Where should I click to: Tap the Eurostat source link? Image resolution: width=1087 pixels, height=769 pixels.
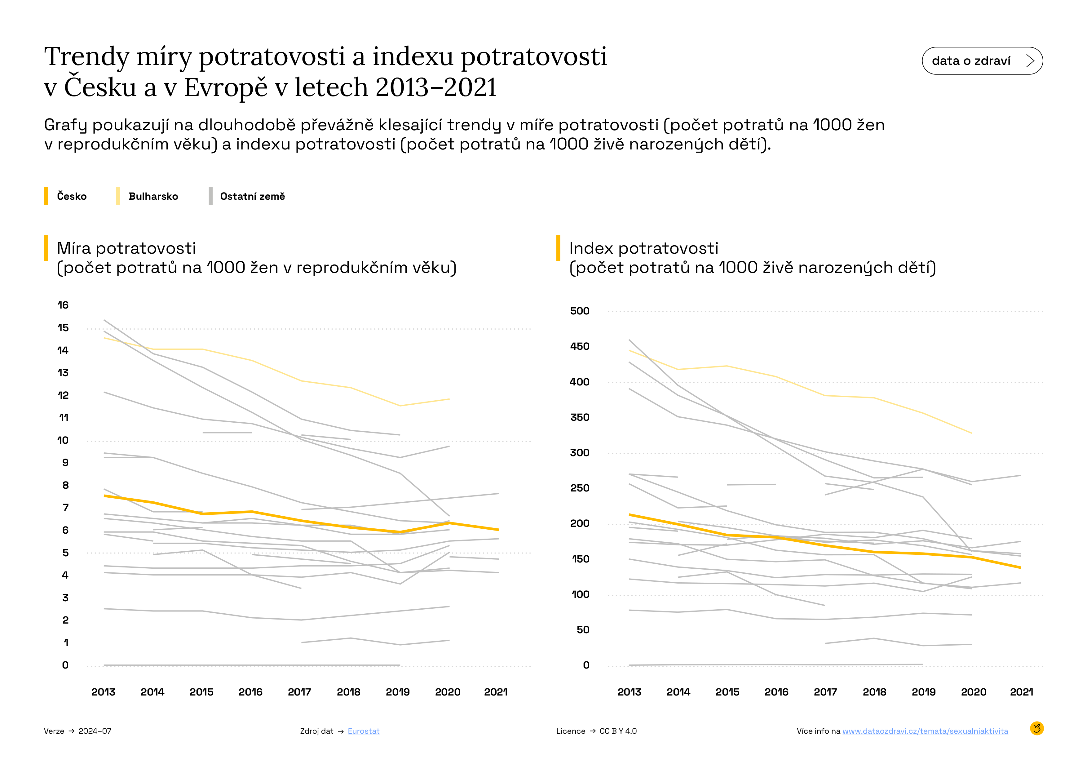click(x=363, y=731)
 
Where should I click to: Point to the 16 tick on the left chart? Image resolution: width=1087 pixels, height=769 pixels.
click(x=63, y=305)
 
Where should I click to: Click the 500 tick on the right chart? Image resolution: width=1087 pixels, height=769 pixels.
click(x=580, y=311)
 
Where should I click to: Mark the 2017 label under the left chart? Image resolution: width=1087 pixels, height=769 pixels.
click(x=299, y=692)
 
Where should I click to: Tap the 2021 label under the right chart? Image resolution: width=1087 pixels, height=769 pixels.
click(x=1021, y=692)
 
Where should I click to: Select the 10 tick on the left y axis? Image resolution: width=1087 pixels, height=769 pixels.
click(x=63, y=440)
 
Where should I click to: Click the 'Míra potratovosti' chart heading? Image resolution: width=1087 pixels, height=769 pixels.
click(x=126, y=248)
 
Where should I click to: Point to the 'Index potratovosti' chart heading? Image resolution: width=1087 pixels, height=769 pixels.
click(x=643, y=248)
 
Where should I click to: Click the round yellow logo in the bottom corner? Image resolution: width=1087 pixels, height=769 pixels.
click(x=1036, y=728)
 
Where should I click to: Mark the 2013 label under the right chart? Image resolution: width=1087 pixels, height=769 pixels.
click(x=629, y=692)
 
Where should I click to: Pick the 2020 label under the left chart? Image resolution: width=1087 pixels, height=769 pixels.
click(x=447, y=692)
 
